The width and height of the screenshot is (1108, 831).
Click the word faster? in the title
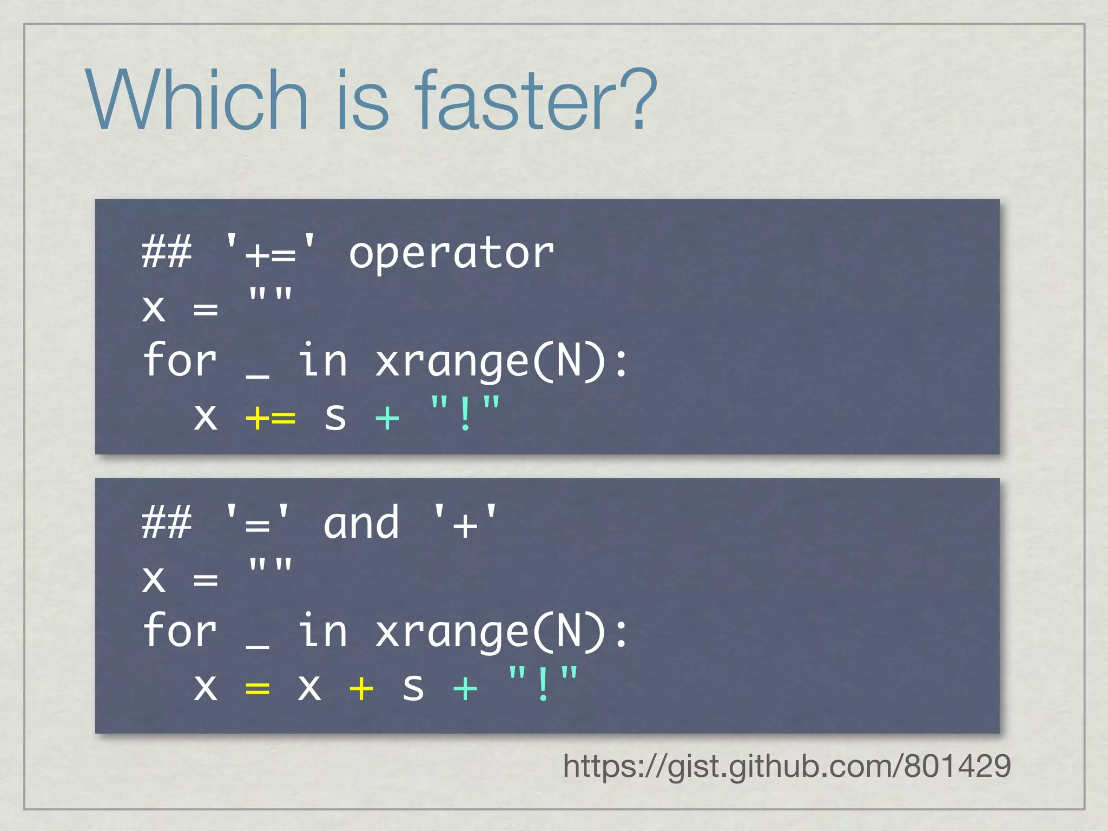pyautogui.click(x=536, y=100)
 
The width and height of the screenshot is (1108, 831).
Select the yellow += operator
pyautogui.click(x=271, y=418)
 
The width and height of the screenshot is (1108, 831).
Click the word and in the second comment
pyautogui.click(x=361, y=524)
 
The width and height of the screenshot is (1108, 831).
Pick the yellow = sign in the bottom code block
pyautogui.click(x=258, y=688)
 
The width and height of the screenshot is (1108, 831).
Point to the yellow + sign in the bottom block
pyautogui.click(x=361, y=688)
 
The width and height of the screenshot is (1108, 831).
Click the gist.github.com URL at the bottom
pyautogui.click(x=787, y=766)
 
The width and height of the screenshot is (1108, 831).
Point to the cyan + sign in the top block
pyautogui.click(x=387, y=418)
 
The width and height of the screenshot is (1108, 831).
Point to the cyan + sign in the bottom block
pyautogui.click(x=465, y=688)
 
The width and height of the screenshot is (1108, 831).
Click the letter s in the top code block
pyautogui.click(x=335, y=418)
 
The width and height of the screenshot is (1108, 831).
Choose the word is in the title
pyautogui.click(x=362, y=100)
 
